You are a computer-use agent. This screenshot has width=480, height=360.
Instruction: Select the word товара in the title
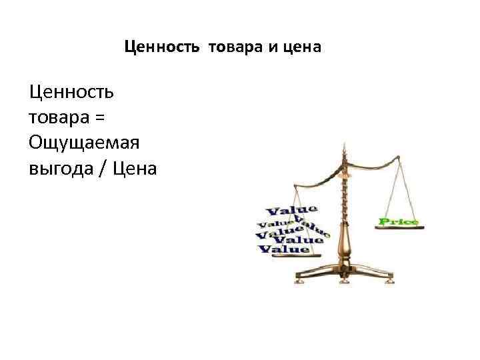[x=230, y=47]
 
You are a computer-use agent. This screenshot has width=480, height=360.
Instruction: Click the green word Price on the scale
[x=398, y=221]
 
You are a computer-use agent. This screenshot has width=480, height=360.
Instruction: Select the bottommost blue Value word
[x=284, y=250]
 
